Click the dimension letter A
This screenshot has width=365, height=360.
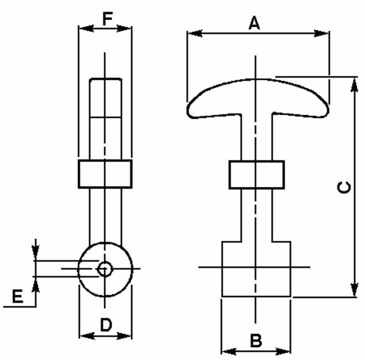(x=254, y=22)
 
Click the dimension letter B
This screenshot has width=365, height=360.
(x=256, y=340)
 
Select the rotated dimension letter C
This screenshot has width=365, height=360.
(x=344, y=188)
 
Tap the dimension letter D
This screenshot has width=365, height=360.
(x=106, y=325)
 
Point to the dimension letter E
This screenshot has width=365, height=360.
(x=17, y=296)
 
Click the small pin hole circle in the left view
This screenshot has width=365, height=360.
(x=105, y=269)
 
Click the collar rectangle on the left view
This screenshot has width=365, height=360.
(x=105, y=173)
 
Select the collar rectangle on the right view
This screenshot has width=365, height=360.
(x=257, y=175)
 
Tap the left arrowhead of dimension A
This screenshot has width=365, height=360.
(x=194, y=33)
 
